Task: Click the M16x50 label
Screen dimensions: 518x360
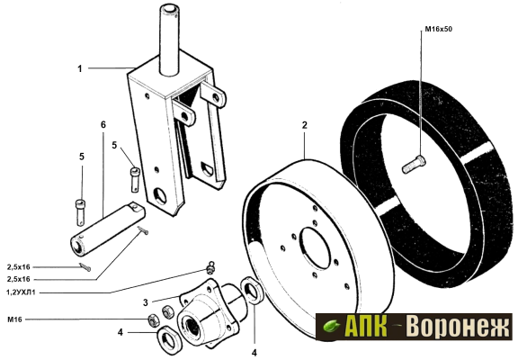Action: pyautogui.click(x=438, y=29)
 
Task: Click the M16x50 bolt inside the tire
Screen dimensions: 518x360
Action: pyautogui.click(x=414, y=165)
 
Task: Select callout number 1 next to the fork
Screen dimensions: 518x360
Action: pyautogui.click(x=80, y=68)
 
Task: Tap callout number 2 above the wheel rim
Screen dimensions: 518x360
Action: pyautogui.click(x=304, y=125)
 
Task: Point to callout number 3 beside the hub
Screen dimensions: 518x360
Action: pyautogui.click(x=146, y=302)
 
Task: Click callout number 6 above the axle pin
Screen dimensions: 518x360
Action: pyautogui.click(x=103, y=124)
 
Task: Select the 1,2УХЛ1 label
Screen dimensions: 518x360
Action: pyautogui.click(x=21, y=292)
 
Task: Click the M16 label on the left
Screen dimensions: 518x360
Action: pyautogui.click(x=14, y=319)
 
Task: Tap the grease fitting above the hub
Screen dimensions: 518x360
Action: pyautogui.click(x=210, y=267)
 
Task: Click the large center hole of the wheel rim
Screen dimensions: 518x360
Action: pyautogui.click(x=315, y=247)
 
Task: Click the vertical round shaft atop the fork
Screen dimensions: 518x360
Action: pyautogui.click(x=169, y=39)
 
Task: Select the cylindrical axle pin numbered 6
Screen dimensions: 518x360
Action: pyautogui.click(x=107, y=229)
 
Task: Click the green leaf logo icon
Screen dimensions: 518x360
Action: pyautogui.click(x=331, y=327)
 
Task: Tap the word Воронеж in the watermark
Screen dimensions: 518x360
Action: pyautogui.click(x=458, y=327)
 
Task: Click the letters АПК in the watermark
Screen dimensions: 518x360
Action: pyautogui.click(x=366, y=326)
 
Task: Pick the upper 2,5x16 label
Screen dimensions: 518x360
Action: pyautogui.click(x=19, y=267)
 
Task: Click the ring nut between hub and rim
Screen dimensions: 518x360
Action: pyautogui.click(x=253, y=290)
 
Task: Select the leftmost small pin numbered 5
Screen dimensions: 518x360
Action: pyautogui.click(x=80, y=213)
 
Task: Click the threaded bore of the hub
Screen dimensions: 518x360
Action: pyautogui.click(x=192, y=326)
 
